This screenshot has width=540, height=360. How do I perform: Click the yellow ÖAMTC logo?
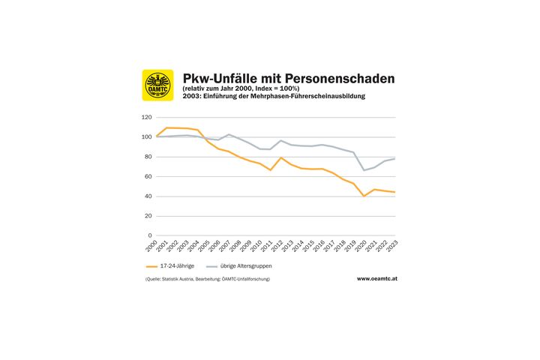(x=157, y=85)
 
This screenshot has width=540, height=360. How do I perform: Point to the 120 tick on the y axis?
(x=146, y=118)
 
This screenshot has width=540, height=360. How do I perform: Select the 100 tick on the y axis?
(x=146, y=137)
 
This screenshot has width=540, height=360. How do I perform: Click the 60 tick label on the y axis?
(x=148, y=177)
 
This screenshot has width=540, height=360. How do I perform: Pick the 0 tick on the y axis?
(x=150, y=235)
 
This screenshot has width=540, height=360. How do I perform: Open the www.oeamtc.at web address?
(x=376, y=279)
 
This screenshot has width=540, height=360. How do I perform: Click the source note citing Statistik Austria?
(x=207, y=279)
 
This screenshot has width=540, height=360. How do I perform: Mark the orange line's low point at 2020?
(x=364, y=196)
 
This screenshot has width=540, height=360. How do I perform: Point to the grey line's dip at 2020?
(x=364, y=170)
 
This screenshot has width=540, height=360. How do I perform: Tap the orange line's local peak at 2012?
(x=280, y=157)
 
